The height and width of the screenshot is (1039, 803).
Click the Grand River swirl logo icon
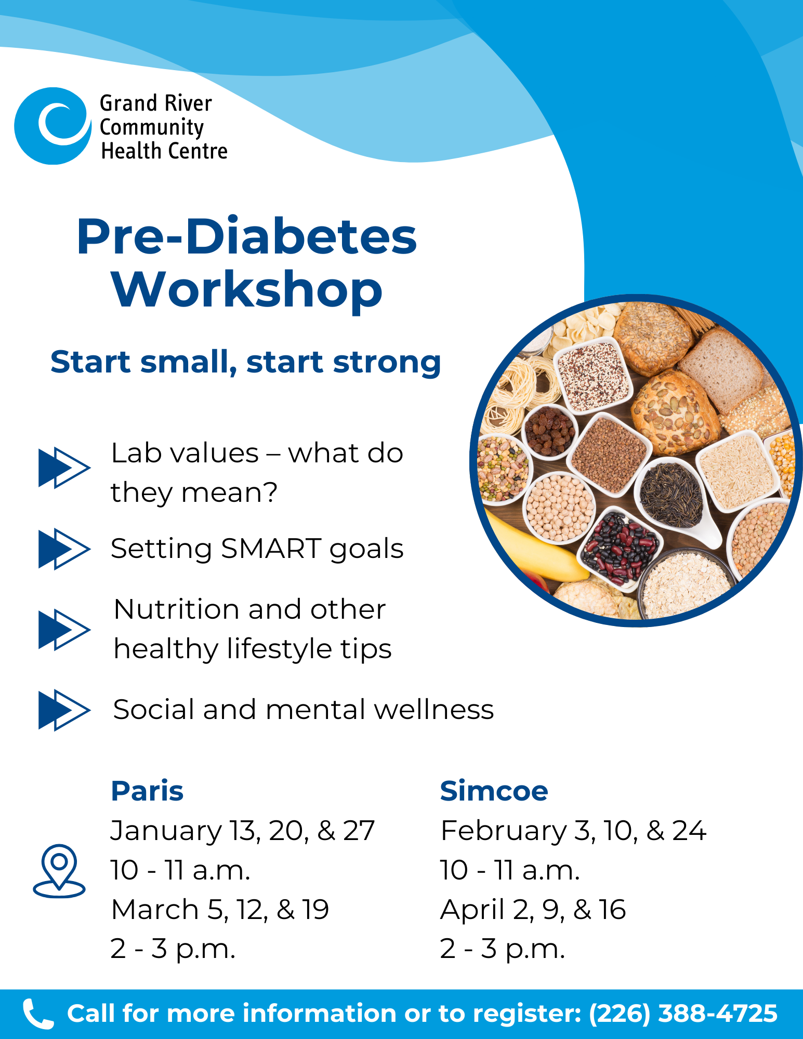pyautogui.click(x=52, y=126)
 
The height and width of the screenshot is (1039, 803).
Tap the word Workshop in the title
pyautogui.click(x=247, y=290)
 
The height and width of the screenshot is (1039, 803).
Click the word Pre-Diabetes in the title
pyautogui.click(x=247, y=236)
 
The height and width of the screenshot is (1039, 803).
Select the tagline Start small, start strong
pyautogui.click(x=246, y=362)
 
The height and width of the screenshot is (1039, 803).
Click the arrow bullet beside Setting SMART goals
pyautogui.click(x=64, y=549)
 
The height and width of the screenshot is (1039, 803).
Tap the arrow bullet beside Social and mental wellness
pyautogui.click(x=64, y=710)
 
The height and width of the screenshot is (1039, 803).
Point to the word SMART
pyautogui.click(x=271, y=549)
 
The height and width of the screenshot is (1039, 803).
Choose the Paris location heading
pyautogui.click(x=148, y=791)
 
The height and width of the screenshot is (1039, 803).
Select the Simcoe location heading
pyautogui.click(x=494, y=791)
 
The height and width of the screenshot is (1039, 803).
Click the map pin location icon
pyautogui.click(x=59, y=871)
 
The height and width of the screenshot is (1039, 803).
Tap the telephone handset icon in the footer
pyautogui.click(x=38, y=1014)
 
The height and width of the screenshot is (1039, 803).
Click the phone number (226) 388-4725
pyautogui.click(x=683, y=1014)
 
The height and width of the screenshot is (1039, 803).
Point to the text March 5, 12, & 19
pyautogui.click(x=220, y=910)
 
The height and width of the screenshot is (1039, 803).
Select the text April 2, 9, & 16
pyautogui.click(x=533, y=910)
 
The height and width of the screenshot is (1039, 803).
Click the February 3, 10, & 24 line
pyautogui.click(x=573, y=831)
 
